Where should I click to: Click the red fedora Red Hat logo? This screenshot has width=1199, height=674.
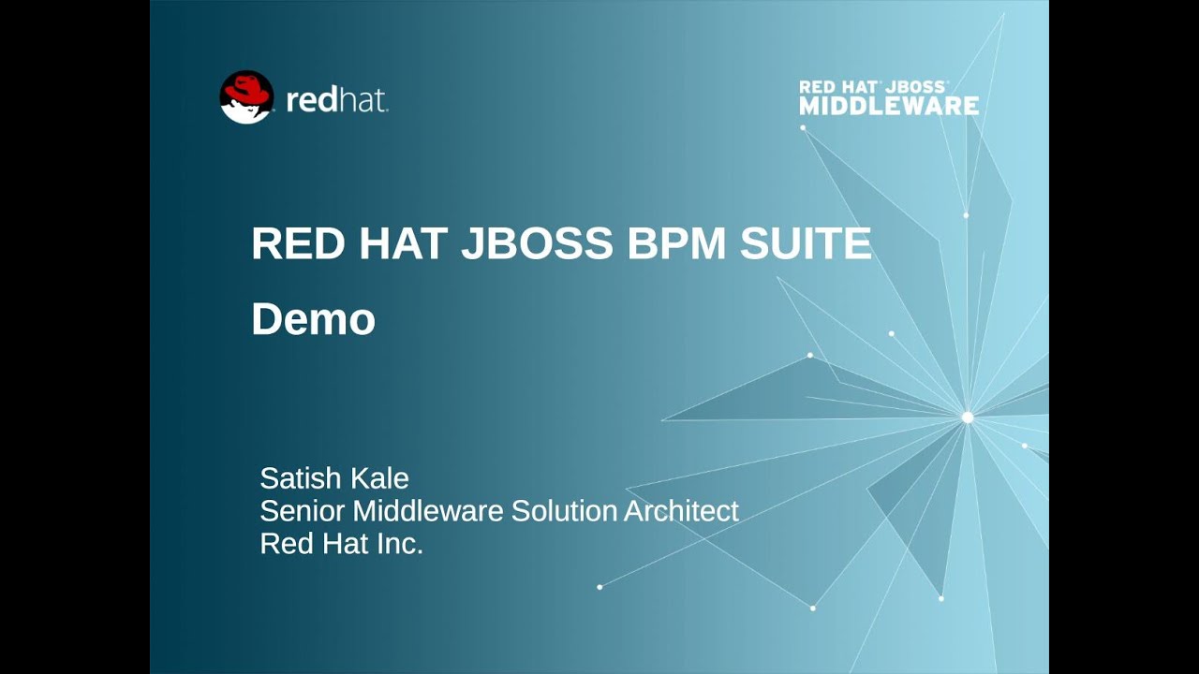246,96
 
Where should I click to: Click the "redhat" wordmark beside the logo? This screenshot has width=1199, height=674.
336,101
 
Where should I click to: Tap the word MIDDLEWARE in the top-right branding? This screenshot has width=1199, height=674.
889,106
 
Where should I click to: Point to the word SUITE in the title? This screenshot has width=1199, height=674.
806,243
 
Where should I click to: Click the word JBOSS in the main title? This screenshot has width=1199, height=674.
536,243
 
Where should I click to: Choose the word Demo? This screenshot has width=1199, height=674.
313,319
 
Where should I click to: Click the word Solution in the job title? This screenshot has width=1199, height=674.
564,511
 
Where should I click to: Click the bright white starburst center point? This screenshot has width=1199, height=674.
968,418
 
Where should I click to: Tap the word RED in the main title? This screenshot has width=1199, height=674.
297,243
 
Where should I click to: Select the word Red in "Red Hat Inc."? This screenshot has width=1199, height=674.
279,543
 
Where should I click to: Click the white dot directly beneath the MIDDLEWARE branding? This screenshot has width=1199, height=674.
803,127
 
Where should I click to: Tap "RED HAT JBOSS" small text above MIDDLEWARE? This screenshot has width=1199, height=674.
873,87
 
